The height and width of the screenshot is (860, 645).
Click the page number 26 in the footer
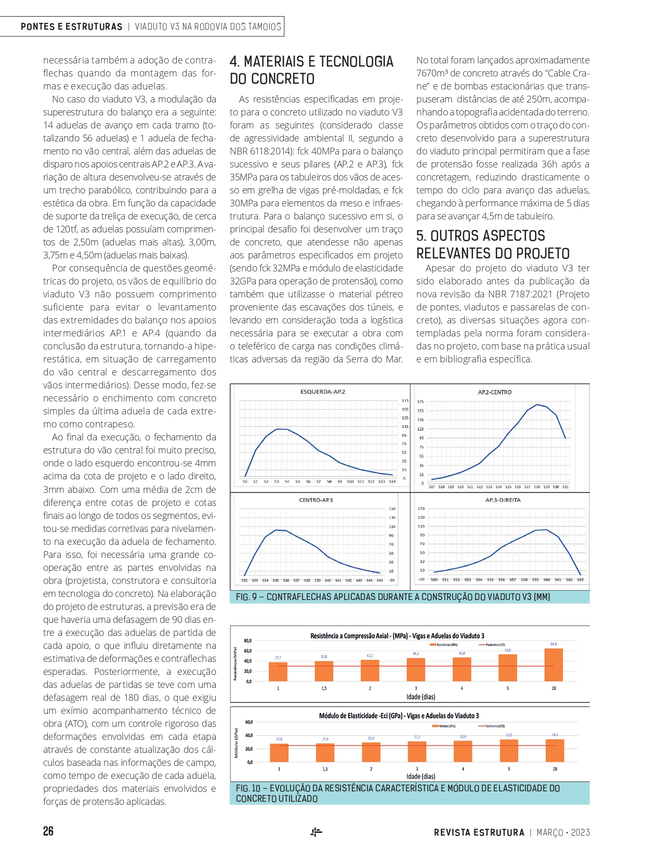pyautogui.click(x=48, y=831)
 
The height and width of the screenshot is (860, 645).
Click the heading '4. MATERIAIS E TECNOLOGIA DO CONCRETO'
pyautogui.click(x=311, y=70)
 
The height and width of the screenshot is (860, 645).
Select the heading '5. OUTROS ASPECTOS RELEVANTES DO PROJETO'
pyautogui.click(x=493, y=244)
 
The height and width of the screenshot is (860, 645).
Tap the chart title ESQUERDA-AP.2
pyautogui.click(x=322, y=392)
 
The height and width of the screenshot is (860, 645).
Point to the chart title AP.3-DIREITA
pyautogui.click(x=503, y=500)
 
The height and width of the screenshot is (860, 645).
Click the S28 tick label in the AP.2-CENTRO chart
pyautogui.click(x=537, y=487)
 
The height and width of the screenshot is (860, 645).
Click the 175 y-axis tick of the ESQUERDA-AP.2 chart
pyautogui.click(x=405, y=401)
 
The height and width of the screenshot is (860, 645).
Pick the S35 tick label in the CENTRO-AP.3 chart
pyautogui.click(x=275, y=580)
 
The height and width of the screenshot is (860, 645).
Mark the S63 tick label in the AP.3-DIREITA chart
pyautogui.click(x=580, y=580)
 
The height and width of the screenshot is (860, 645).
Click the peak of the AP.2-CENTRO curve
pyautogui.click(x=537, y=405)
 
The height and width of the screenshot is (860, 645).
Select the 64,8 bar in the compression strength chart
pyautogui.click(x=554, y=664)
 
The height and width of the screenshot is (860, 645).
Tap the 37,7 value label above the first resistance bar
pyautogui.click(x=278, y=658)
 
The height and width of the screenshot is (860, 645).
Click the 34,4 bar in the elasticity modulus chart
pyautogui.click(x=555, y=750)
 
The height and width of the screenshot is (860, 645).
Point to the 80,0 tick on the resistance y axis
pyautogui.click(x=248, y=641)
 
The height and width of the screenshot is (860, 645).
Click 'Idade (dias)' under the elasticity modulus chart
pyautogui.click(x=420, y=776)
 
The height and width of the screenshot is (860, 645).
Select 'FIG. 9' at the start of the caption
pyautogui.click(x=247, y=597)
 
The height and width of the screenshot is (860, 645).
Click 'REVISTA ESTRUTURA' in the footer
pyautogui.click(x=479, y=832)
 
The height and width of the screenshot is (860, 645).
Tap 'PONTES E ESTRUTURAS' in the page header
pyautogui.click(x=72, y=27)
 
